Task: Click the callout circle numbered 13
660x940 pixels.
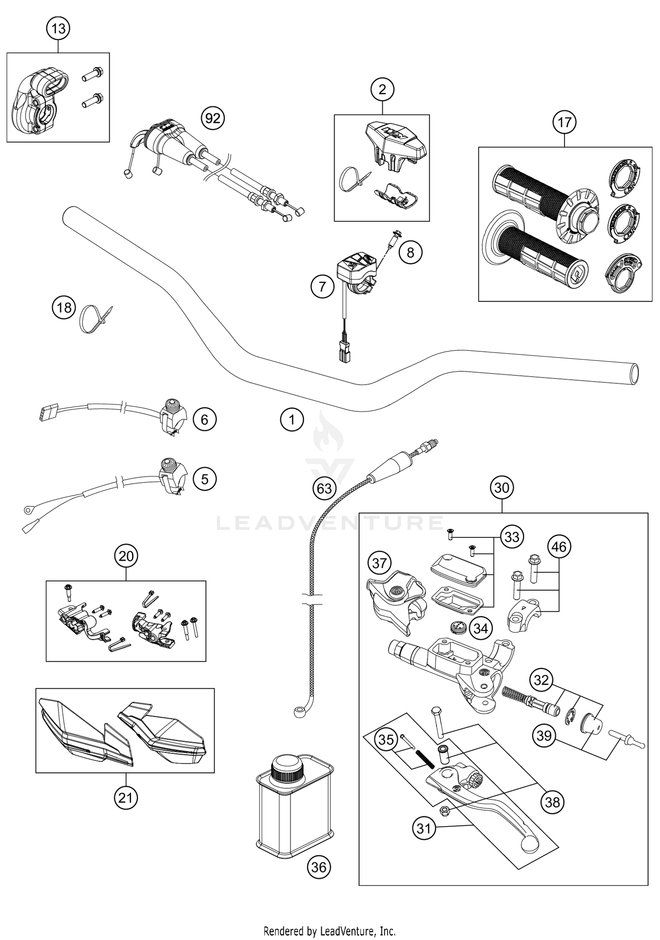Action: click(x=58, y=29)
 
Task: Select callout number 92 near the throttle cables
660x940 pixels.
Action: click(x=213, y=118)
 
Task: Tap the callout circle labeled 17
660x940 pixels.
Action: click(x=565, y=122)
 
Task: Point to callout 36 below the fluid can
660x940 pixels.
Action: click(x=319, y=867)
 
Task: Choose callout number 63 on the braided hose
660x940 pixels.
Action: click(x=324, y=488)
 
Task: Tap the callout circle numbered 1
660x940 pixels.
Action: click(x=291, y=419)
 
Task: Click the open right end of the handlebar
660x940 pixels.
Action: click(x=634, y=374)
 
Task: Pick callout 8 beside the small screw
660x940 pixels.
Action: click(x=410, y=252)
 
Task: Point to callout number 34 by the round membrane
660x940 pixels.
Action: click(x=480, y=628)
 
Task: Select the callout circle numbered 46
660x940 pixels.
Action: click(x=559, y=547)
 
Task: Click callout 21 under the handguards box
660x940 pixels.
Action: click(x=125, y=797)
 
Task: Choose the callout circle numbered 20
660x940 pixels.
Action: click(x=126, y=556)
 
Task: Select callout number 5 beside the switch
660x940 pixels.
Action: click(x=204, y=478)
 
